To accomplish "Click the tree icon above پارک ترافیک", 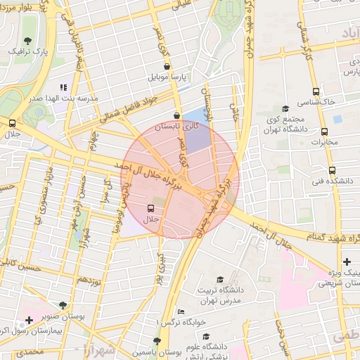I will click(27, 41).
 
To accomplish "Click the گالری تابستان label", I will click(177, 127).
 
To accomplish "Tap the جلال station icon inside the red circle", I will click(150, 208).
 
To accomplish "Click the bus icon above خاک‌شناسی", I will click(316, 91).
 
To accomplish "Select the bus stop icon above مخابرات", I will click(324, 131).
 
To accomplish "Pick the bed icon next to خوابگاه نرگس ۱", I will click(181, 311).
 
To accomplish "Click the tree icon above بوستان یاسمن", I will click(157, 340).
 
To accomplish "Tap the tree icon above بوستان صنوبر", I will click(63, 305).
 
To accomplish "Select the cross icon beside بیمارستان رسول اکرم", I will click(28, 320).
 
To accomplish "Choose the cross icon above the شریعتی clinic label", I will click(346, 262).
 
